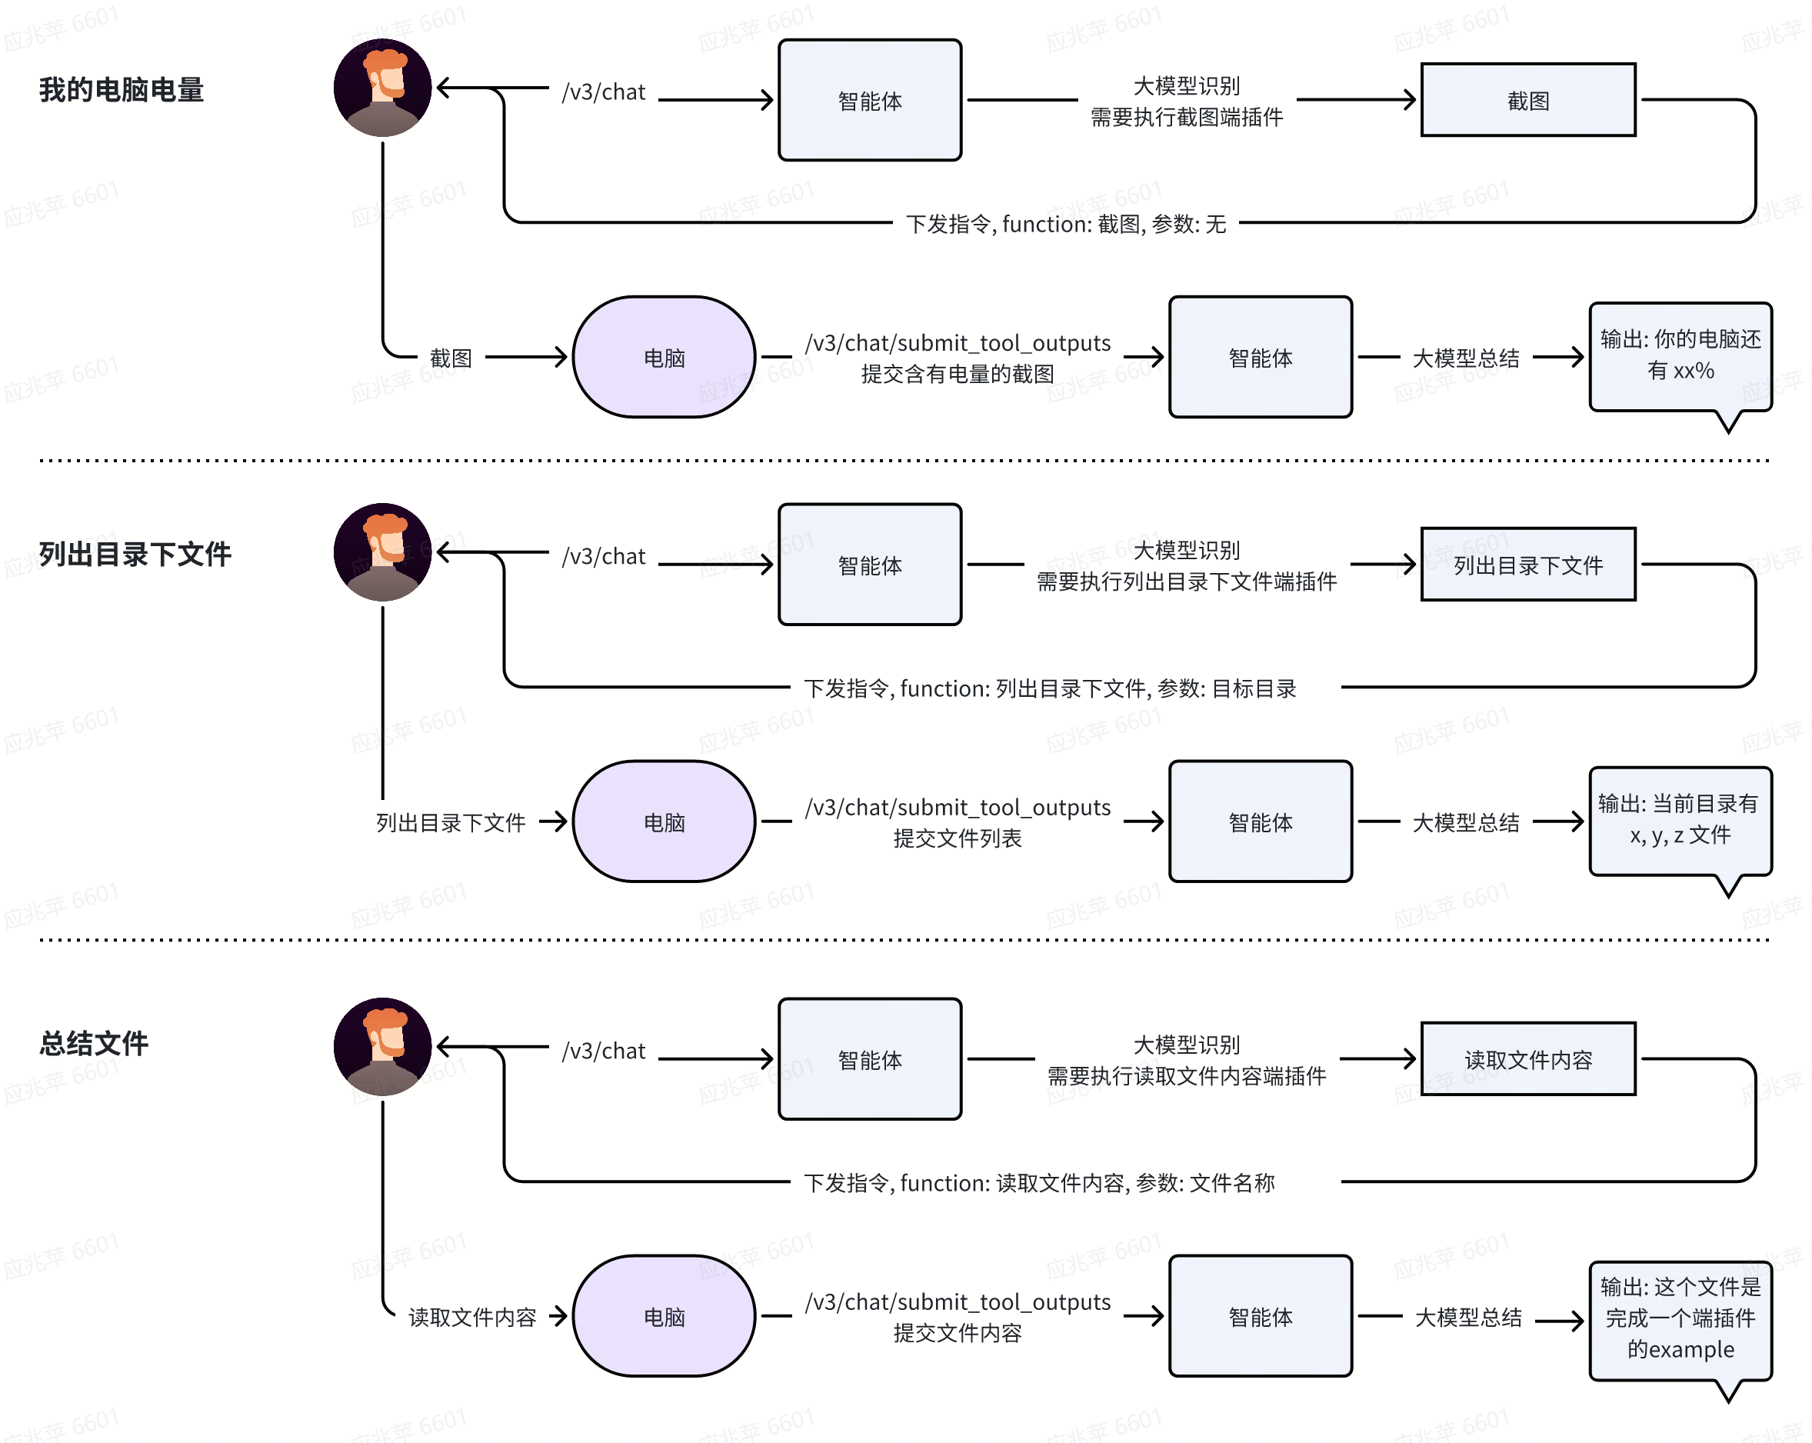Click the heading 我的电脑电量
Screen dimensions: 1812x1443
(x=121, y=90)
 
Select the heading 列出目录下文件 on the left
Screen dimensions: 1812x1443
(x=135, y=555)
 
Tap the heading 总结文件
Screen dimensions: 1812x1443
(x=93, y=1044)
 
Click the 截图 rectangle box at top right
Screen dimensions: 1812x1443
(x=1528, y=100)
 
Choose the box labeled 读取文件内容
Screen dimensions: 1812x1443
(x=1528, y=1059)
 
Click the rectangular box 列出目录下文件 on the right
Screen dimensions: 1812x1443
(x=1528, y=564)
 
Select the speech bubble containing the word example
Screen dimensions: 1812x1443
(x=1681, y=1323)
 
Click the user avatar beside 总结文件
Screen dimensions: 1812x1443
(x=382, y=1046)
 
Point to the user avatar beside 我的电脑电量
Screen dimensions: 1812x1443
(x=382, y=88)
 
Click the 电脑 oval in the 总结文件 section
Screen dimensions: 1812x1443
(x=664, y=1316)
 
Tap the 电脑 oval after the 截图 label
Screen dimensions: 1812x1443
(x=664, y=357)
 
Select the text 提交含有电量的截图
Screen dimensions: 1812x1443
(x=958, y=374)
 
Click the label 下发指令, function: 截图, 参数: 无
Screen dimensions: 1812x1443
(x=1066, y=225)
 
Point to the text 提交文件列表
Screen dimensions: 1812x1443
(x=958, y=838)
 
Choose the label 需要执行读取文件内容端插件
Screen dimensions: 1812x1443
(x=1187, y=1076)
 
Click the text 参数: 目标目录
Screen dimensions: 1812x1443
(x=1227, y=689)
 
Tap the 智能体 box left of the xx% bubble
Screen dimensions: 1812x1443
(x=1261, y=357)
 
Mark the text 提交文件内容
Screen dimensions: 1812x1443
(x=958, y=1333)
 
